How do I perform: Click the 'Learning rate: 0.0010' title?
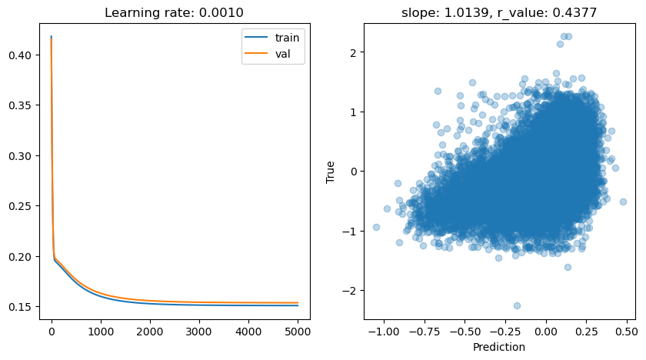point(175,13)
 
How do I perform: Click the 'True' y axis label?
point(331,172)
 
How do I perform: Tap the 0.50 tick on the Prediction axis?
point(627,332)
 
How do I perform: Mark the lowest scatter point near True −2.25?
point(517,305)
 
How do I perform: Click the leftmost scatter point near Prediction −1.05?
point(376,227)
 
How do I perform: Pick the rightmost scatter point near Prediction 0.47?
point(623,202)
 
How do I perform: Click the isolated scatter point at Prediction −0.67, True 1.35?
point(438,91)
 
